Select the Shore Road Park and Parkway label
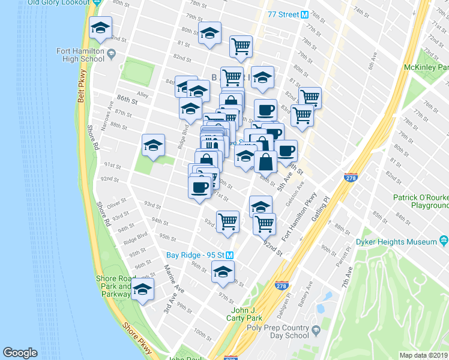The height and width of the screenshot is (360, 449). (113, 286)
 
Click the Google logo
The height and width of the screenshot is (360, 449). (20, 353)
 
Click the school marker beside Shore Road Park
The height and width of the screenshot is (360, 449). (143, 290)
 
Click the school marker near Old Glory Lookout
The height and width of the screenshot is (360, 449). (100, 27)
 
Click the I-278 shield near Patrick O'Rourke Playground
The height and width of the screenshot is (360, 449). (351, 178)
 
